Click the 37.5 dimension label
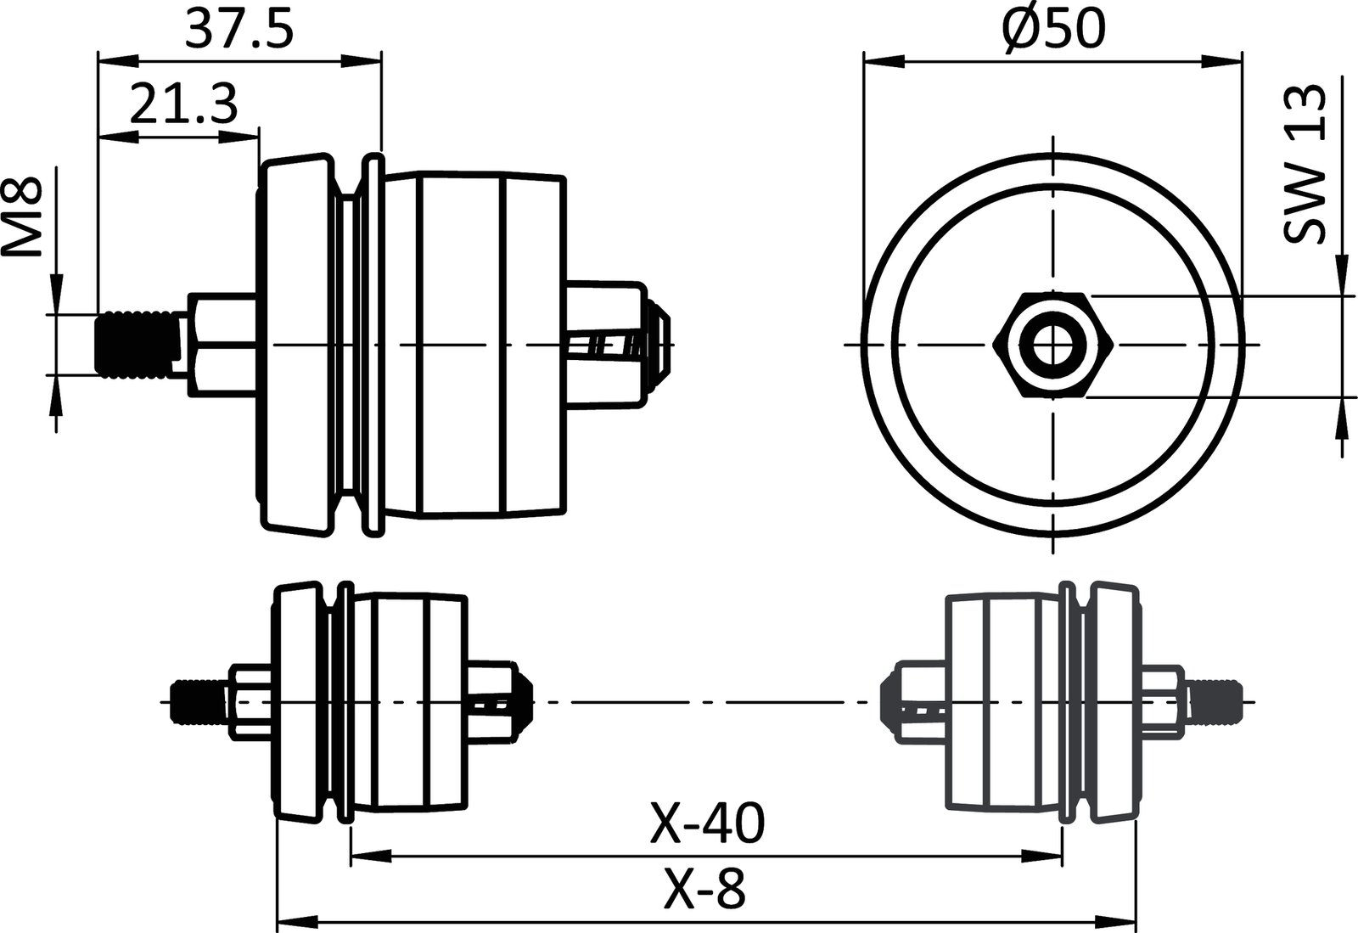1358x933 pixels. tap(239, 30)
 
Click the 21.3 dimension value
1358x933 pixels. tap(182, 105)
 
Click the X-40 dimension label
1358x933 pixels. tap(707, 823)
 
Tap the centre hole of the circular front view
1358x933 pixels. tap(1052, 345)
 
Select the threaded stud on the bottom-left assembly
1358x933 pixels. tap(197, 701)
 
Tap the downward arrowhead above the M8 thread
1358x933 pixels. tap(55, 297)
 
